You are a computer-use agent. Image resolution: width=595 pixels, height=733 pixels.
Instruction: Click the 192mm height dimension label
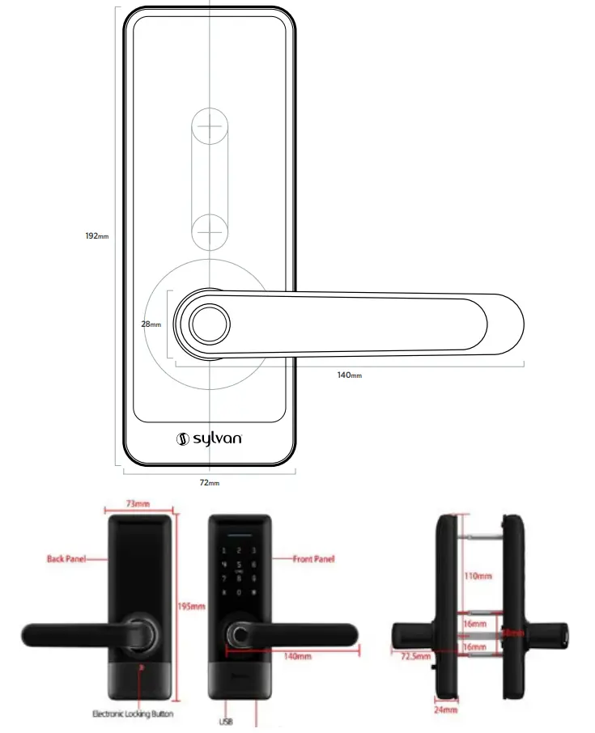(96, 236)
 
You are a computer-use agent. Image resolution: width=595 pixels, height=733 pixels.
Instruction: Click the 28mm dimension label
(151, 324)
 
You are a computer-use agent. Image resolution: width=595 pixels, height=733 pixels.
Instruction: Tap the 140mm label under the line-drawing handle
(350, 375)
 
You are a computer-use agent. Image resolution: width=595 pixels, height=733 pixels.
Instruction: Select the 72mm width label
(210, 483)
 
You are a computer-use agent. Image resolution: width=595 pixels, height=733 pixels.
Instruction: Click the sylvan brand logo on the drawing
(209, 439)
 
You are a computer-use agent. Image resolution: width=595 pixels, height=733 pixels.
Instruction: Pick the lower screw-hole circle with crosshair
(210, 230)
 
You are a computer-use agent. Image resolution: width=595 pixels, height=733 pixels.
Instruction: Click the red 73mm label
(138, 504)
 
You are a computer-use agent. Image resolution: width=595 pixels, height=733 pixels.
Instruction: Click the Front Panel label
(315, 558)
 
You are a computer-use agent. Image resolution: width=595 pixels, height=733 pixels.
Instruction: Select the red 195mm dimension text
(193, 606)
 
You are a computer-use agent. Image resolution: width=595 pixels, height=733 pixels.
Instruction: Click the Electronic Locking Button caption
(134, 714)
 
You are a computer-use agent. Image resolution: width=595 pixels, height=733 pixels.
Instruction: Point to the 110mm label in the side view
(478, 576)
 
